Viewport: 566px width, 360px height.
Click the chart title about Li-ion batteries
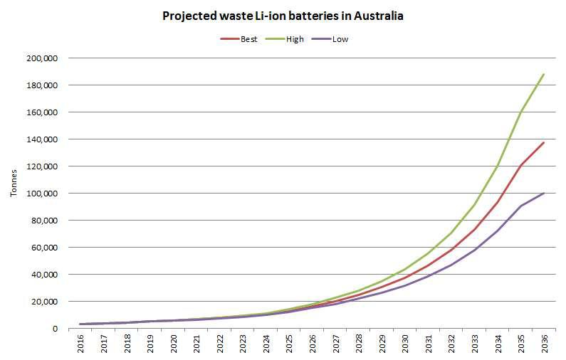point(282,15)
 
